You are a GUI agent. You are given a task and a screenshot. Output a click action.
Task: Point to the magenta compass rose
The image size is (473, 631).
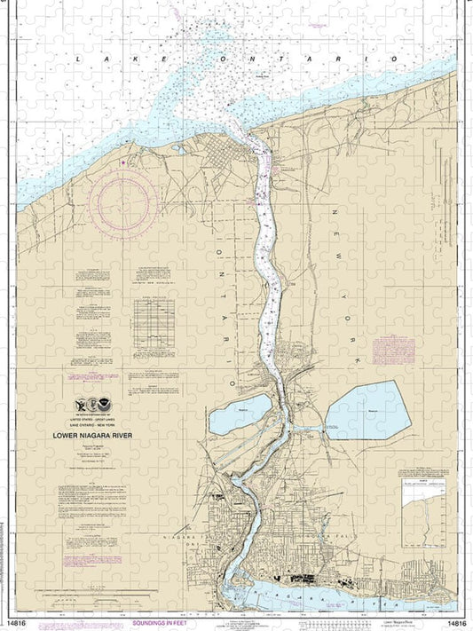(129, 202)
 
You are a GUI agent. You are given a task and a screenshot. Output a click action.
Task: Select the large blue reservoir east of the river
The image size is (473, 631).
(368, 410)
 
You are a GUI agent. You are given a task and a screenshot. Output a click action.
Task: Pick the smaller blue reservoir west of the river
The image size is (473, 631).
(240, 414)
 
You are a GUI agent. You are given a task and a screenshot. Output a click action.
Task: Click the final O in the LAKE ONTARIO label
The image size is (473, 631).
(394, 59)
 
